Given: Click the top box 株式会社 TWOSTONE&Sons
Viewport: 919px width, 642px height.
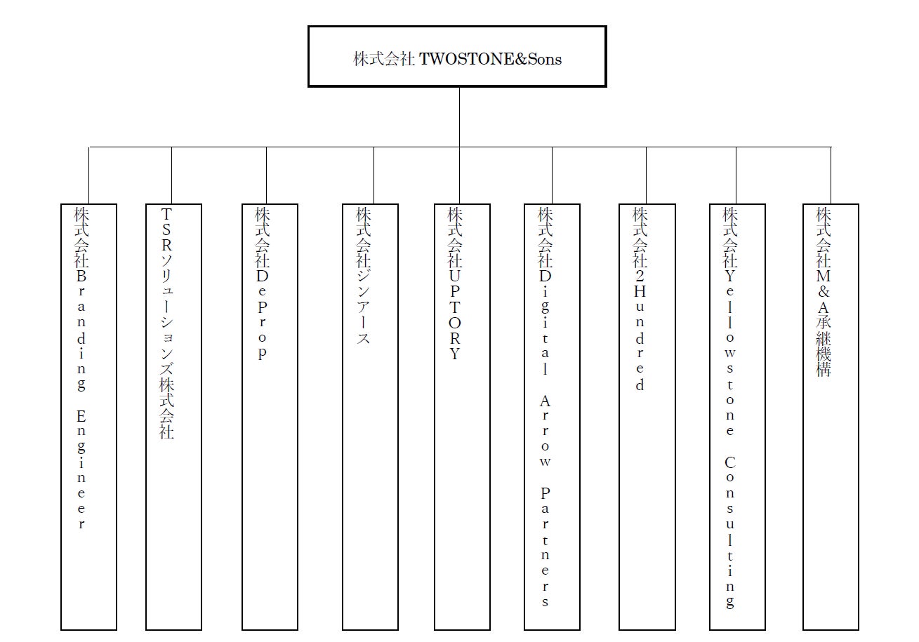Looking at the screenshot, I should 457,57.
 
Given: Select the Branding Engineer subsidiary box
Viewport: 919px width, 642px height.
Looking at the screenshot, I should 88,417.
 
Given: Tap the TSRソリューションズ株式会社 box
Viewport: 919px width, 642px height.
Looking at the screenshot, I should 173,417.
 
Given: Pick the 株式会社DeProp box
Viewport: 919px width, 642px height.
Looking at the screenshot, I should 270,417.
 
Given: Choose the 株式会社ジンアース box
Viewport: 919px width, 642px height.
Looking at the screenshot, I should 370,417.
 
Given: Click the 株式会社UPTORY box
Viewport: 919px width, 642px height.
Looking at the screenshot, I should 462,417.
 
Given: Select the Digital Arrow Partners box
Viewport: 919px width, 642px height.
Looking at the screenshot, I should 552,417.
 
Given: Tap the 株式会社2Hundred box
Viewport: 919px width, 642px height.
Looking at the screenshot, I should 647,417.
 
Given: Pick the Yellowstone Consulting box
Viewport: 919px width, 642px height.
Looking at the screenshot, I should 737,417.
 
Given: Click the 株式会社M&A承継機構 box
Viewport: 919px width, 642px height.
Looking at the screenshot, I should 831,417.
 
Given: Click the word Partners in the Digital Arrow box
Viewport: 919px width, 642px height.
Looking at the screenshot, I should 546,547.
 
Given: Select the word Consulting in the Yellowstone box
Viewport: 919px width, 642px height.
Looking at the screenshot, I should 730,533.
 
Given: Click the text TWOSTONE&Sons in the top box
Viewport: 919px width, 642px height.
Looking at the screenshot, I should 491,59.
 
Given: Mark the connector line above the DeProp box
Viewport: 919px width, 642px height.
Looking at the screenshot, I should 267,175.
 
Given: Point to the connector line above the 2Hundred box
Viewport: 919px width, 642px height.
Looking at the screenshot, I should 647,175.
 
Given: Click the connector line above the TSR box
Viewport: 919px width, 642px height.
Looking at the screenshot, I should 172,175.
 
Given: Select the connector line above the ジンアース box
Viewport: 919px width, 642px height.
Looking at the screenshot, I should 373,175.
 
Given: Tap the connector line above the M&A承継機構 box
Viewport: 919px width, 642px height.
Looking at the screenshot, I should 831,175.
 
